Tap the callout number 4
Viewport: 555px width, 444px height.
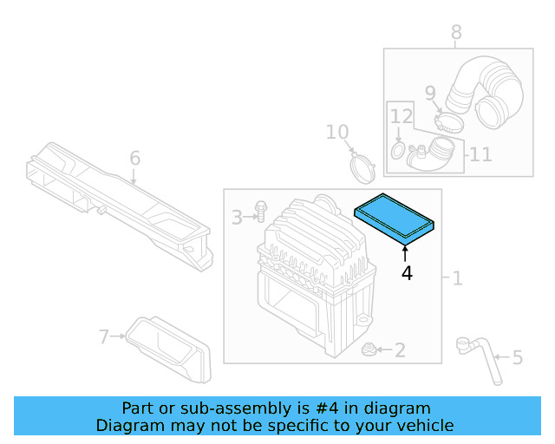(406, 273)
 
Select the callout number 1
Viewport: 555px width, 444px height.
(456, 278)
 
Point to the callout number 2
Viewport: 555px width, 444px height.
(399, 350)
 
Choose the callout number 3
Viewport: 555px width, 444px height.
(237, 217)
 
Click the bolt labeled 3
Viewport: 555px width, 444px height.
(259, 211)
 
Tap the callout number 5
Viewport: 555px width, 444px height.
(517, 357)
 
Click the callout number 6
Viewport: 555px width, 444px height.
(134, 159)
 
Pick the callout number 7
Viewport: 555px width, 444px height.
(104, 336)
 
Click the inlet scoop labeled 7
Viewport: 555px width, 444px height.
(169, 349)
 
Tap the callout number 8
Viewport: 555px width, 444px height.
(456, 33)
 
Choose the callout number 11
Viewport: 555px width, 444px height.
(480, 154)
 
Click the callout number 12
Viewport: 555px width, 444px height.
(401, 116)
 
